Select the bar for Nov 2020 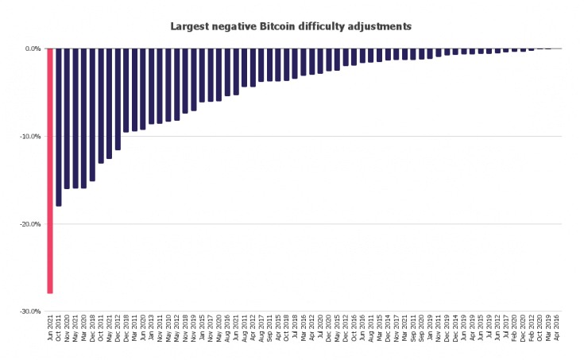click(x=68, y=118)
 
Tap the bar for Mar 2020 click(x=84, y=118)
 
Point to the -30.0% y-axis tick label click(x=30, y=312)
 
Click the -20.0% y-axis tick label click(x=30, y=224)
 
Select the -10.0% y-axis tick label click(x=30, y=137)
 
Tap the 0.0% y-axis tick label click(x=32, y=49)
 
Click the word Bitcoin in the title click(x=280, y=26)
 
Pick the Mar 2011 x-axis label click(x=135, y=328)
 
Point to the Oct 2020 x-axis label click(x=540, y=328)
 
